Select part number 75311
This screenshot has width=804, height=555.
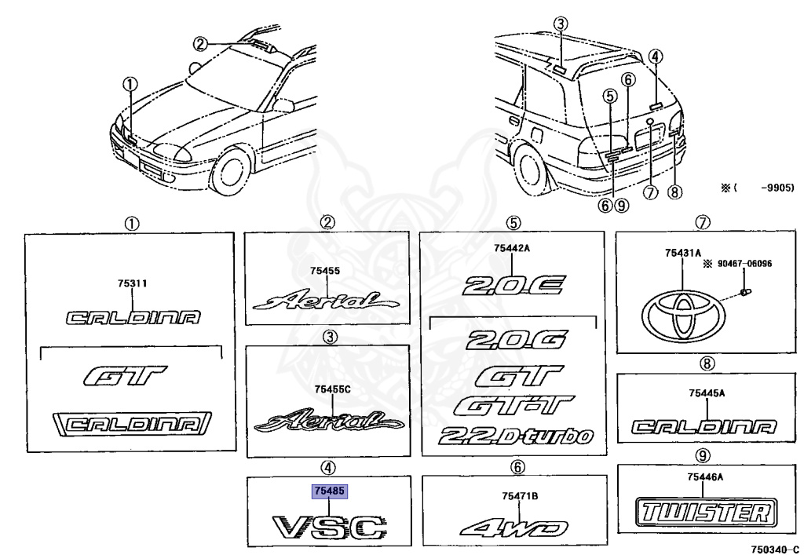tap(133, 286)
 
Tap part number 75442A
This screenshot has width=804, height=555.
tap(512, 249)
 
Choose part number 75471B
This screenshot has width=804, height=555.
tap(514, 495)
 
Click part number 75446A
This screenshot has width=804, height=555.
tap(707, 476)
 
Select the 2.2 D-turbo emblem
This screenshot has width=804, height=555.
tap(517, 436)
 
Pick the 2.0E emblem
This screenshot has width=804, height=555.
tap(512, 287)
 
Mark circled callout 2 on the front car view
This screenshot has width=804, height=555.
tap(201, 44)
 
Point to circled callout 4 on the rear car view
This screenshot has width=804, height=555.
tap(656, 56)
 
